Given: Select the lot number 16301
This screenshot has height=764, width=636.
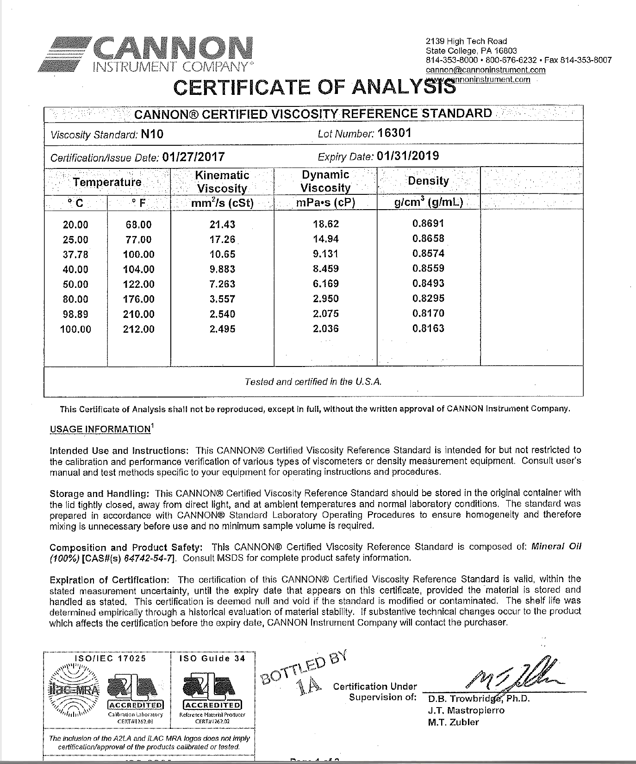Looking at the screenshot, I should point(394,133).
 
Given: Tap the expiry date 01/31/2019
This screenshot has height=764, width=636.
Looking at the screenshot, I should point(408,156).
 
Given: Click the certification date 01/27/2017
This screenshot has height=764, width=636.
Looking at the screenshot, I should point(193,157).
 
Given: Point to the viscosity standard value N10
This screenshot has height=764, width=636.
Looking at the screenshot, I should point(152,134).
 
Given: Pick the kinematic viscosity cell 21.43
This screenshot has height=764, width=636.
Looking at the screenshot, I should point(222,224).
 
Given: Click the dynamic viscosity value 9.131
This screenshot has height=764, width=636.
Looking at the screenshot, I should point(325,254).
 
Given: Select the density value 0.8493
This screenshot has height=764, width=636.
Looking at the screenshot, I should point(428,283).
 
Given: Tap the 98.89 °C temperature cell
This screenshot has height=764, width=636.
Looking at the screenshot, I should point(75,314).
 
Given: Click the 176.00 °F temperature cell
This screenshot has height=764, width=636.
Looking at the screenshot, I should point(139,299).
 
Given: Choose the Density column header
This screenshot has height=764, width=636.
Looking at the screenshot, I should point(428,181).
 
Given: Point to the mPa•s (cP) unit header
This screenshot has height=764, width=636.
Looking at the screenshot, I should point(325,203).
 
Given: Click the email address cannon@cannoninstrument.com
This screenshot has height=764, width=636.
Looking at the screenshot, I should point(486,70).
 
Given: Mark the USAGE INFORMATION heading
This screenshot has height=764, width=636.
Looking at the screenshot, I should point(100,429).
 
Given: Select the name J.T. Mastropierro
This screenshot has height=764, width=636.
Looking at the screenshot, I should point(466,710).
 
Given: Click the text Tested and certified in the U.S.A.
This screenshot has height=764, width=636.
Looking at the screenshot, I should point(313,382).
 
